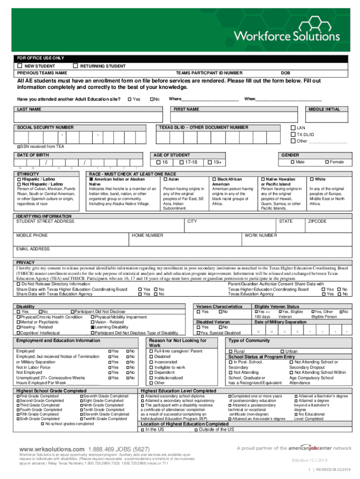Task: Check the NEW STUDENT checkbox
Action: (x=20, y=66)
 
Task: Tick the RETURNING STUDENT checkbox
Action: (x=76, y=66)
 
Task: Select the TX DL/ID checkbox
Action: (x=293, y=134)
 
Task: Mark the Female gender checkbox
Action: (x=327, y=162)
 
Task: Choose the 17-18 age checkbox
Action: (x=181, y=162)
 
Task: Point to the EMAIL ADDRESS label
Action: (x=33, y=249)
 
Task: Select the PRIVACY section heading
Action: (x=26, y=262)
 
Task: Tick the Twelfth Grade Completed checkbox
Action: (x=81, y=420)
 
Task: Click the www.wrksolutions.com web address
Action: (x=51, y=449)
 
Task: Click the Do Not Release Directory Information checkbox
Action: (x=18, y=284)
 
